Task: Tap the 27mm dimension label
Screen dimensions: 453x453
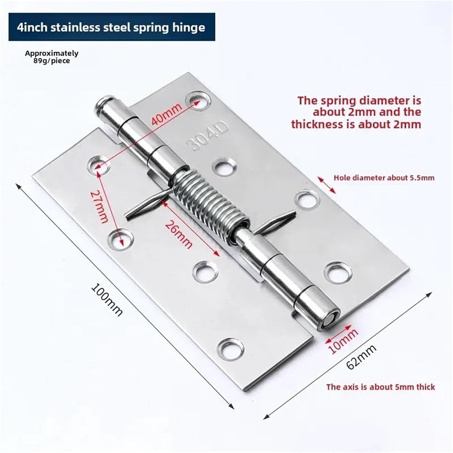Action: (x=98, y=206)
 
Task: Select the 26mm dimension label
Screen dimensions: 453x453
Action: (x=179, y=235)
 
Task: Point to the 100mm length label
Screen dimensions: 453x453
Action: (x=107, y=300)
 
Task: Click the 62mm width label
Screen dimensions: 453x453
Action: (x=361, y=356)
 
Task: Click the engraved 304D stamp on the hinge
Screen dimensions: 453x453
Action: (x=207, y=137)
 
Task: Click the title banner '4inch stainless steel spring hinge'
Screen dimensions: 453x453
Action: (x=112, y=27)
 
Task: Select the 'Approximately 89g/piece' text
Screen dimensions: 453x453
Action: (x=52, y=57)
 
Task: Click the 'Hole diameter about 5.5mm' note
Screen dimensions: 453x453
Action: (x=384, y=178)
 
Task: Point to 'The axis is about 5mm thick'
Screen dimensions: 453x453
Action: (x=380, y=387)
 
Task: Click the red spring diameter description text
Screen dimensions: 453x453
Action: (x=356, y=112)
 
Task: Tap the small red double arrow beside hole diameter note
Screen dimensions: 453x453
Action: (x=327, y=185)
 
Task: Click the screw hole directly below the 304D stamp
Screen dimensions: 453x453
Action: (x=224, y=167)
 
